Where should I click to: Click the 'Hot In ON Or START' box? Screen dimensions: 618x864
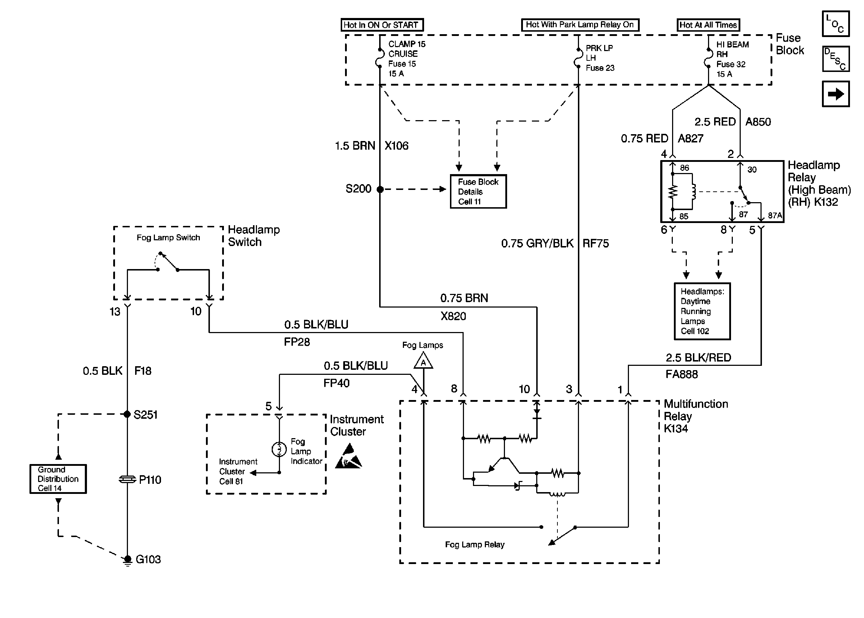click(382, 25)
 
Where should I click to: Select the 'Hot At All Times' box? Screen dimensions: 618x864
click(708, 25)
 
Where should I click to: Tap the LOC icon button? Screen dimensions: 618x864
click(835, 24)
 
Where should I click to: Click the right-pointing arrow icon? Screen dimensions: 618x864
click(835, 94)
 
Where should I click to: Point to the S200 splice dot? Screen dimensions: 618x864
click(380, 189)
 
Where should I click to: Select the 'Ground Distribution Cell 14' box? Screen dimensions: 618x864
click(58, 479)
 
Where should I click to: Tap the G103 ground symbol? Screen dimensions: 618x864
click(128, 559)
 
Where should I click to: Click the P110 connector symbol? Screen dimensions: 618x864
click(127, 480)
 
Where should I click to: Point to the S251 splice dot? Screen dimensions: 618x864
click(127, 414)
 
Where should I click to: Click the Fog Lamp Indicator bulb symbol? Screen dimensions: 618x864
click(279, 449)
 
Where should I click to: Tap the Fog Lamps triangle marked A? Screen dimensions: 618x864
click(423, 361)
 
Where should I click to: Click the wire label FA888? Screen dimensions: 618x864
click(681, 374)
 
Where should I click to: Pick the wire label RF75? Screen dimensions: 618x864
click(596, 244)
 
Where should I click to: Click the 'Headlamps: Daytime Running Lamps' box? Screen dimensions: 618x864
click(702, 311)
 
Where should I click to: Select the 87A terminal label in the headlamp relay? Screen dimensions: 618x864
click(775, 215)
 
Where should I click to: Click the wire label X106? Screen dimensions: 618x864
click(396, 146)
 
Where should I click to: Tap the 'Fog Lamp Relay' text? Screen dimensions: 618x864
click(474, 545)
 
